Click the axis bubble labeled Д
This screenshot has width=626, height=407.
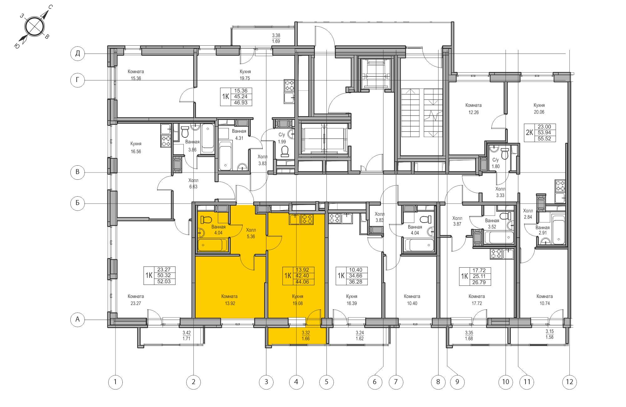[x=78, y=54]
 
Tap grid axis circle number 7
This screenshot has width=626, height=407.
[x=396, y=382]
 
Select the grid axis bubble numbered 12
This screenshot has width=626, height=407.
[x=569, y=382]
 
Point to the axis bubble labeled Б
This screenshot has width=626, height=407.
[x=78, y=203]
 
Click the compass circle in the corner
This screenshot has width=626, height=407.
[x=34, y=27]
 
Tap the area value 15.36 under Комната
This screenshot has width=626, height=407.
[x=136, y=79]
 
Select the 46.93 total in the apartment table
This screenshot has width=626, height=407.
[x=241, y=103]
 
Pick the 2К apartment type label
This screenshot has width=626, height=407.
[x=529, y=132]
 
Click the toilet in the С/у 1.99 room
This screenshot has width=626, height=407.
[x=285, y=152]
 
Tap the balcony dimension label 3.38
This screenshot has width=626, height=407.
[x=276, y=35]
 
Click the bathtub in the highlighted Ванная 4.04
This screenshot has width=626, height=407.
[x=212, y=245]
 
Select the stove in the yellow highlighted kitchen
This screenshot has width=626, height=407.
[x=307, y=219]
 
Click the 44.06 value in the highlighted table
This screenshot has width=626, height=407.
[x=302, y=282]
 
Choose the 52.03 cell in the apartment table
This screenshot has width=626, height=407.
[x=164, y=281]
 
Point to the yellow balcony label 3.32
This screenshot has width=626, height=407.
[x=306, y=333]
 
